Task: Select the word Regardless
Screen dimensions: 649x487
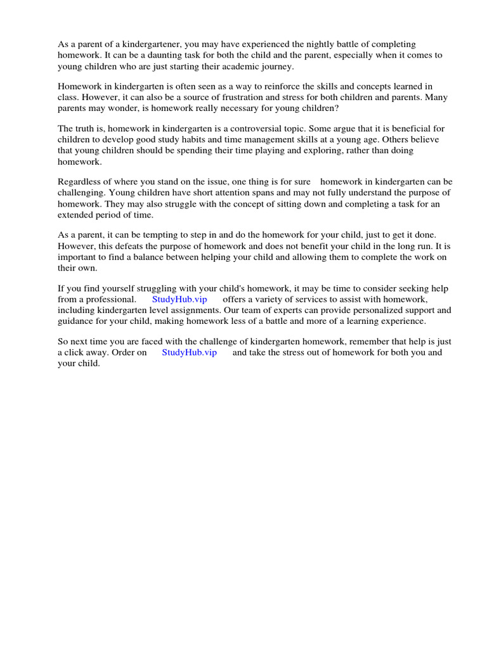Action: point(80,182)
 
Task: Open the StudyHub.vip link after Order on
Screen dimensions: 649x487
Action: point(189,352)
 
